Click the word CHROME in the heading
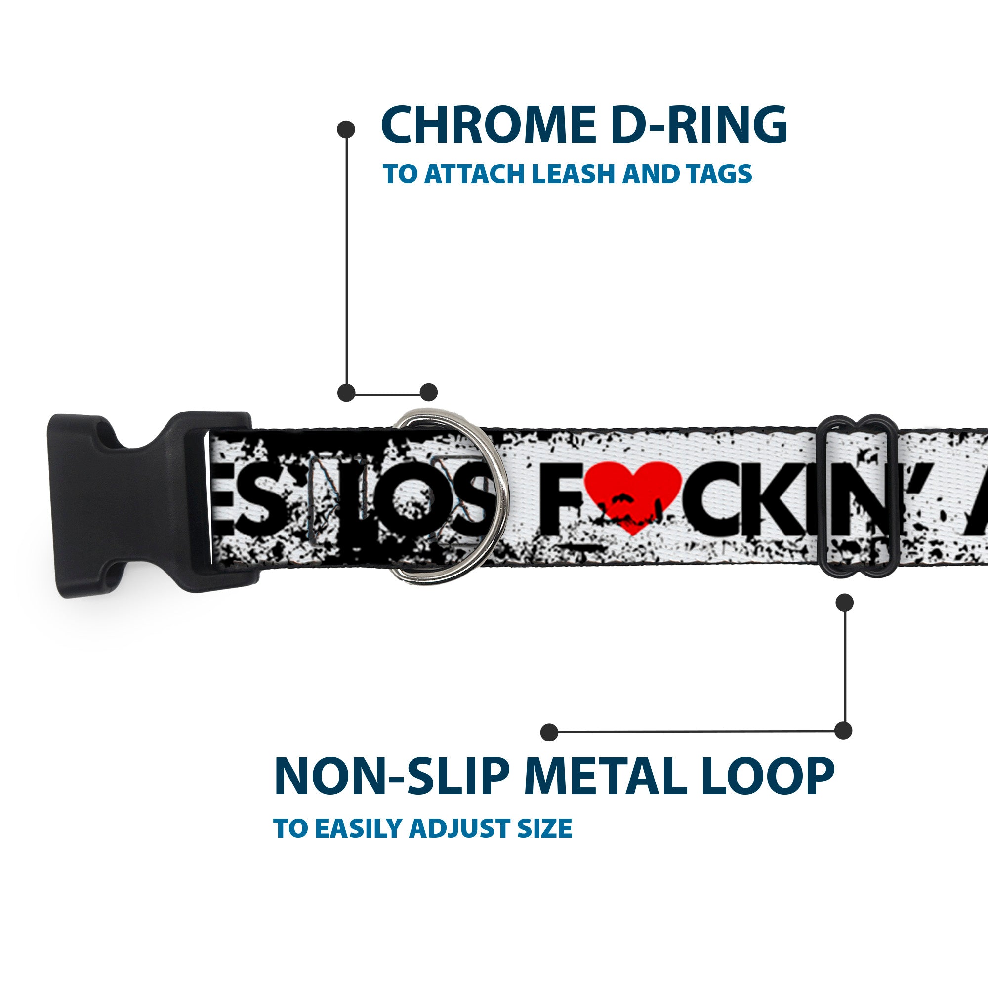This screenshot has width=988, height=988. pyautogui.click(x=489, y=125)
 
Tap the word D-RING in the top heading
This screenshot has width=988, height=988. pyautogui.click(x=699, y=125)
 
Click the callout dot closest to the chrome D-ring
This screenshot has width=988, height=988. pyautogui.click(x=428, y=392)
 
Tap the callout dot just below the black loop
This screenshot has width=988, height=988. pyautogui.click(x=844, y=602)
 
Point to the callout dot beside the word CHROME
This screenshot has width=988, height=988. pyautogui.click(x=346, y=129)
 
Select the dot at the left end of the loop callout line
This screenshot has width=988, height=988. pyautogui.click(x=549, y=732)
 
